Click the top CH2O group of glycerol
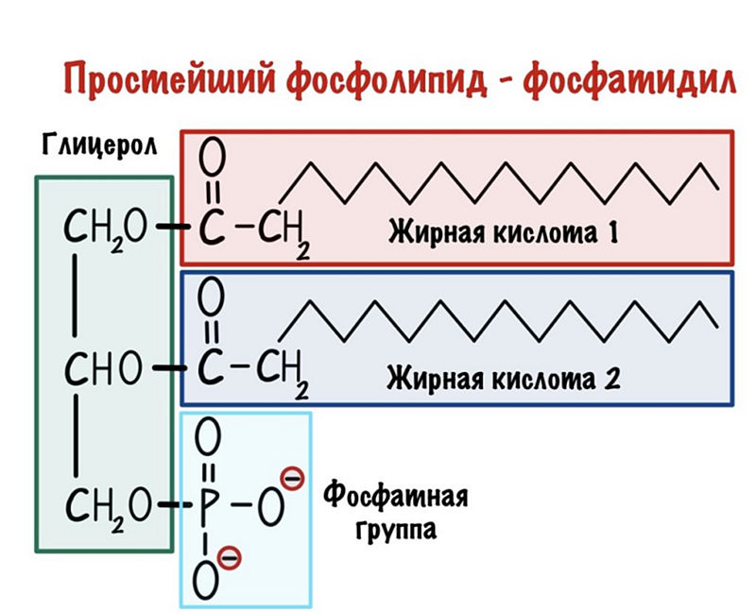tap(107, 229)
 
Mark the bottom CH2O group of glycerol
tap(107, 511)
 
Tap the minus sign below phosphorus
tap(230, 558)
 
